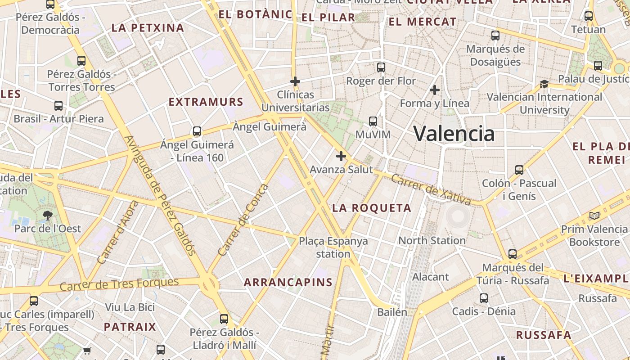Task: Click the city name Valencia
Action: [454, 134]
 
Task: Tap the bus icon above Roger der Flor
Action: [381, 67]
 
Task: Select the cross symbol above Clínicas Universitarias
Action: [295, 81]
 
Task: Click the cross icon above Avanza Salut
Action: [341, 156]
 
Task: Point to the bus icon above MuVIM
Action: [373, 121]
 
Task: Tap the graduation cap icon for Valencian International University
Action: [544, 84]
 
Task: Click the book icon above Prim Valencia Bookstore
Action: [594, 216]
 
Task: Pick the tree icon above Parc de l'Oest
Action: [48, 216]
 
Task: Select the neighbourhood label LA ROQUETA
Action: [372, 208]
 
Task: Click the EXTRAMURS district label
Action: [206, 102]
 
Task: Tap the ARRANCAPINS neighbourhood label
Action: [288, 283]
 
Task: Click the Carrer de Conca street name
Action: [243, 220]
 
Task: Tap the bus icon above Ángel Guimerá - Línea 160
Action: [197, 131]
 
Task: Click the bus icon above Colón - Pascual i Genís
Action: [519, 170]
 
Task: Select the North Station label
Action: [432, 240]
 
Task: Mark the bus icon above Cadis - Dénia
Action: [484, 298]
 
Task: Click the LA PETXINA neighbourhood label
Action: [148, 28]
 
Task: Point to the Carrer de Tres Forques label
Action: [119, 284]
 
